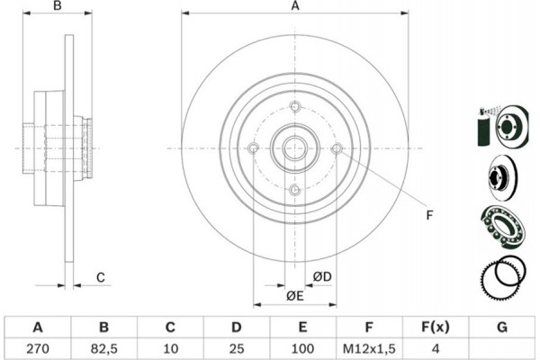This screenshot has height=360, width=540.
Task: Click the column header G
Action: coord(500,326)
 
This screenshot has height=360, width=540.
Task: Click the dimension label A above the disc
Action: coord(294,7)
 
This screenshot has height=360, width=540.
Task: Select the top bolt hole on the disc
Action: coord(294,107)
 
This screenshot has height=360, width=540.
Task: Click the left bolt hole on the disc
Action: coord(253,148)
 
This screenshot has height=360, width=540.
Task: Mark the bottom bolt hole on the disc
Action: coord(294,189)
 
